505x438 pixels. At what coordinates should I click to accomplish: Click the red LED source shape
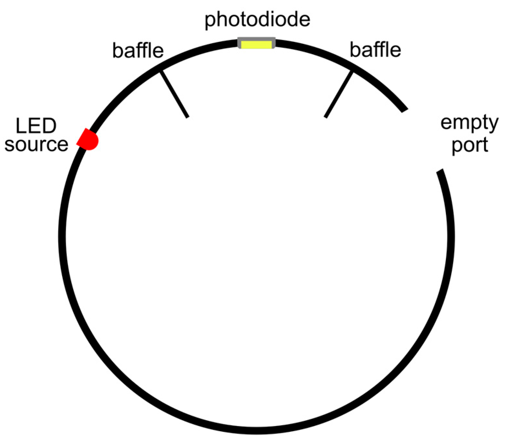tap(88, 139)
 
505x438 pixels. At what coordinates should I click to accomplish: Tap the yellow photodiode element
tap(256, 45)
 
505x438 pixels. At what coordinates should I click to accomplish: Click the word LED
tap(36, 126)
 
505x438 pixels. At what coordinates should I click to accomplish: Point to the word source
tap(36, 144)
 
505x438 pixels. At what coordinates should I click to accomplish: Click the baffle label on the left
tap(138, 50)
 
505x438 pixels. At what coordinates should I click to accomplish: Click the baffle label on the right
tap(375, 50)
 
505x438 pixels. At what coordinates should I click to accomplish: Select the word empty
tap(469, 123)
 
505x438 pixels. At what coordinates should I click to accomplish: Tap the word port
tap(470, 145)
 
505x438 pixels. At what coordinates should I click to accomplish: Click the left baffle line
tap(174, 94)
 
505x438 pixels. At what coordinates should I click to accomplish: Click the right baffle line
tap(338, 94)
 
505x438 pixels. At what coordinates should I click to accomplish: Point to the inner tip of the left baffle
tap(187, 117)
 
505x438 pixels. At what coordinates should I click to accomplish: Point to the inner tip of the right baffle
tap(325, 117)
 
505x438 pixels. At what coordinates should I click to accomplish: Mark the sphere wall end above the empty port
tap(404, 110)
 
